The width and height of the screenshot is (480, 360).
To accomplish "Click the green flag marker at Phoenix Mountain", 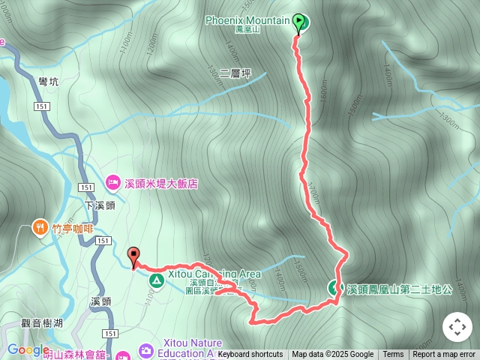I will point(300,22).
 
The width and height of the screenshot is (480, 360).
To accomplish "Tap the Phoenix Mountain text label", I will point(247,20).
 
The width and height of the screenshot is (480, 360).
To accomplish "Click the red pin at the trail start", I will point(134,256).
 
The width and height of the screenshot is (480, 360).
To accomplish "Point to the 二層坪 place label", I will point(236,73).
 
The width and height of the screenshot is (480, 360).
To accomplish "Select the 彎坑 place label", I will point(48,82).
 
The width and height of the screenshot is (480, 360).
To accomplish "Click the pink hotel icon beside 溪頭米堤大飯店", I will point(113,181).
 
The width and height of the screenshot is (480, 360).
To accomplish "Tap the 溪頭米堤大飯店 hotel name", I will point(160,183).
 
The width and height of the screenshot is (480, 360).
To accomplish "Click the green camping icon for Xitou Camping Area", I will point(156,280).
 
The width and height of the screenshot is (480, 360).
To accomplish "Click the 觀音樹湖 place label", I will point(43,322).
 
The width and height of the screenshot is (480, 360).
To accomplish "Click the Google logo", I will point(28,349).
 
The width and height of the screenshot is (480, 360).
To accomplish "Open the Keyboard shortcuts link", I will point(250,355).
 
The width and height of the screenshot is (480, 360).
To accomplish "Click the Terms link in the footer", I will point(393,355).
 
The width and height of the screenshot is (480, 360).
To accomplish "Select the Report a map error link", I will point(444,355).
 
